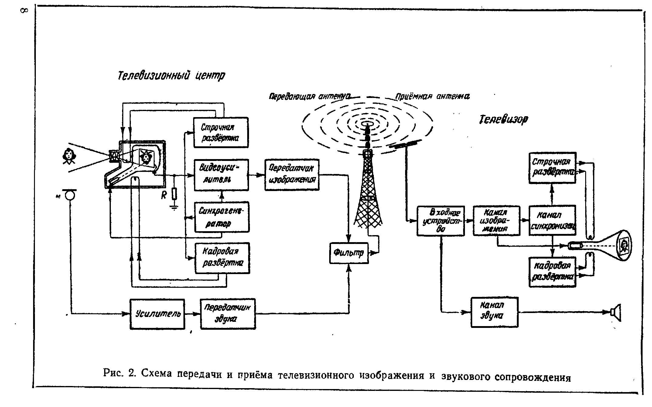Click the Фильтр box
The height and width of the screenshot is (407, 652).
point(349,253)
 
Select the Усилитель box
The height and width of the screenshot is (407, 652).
point(157,314)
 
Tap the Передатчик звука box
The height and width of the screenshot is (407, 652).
point(228,314)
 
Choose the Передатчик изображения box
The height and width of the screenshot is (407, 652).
point(292,175)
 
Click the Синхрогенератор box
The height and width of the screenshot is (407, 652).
point(222,217)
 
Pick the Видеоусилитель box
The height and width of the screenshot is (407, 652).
point(221,175)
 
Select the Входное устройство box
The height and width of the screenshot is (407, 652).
point(441,221)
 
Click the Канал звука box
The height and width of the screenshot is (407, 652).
point(494,312)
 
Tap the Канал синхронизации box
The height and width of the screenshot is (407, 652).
point(552,220)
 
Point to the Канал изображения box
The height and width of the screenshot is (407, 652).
point(497,221)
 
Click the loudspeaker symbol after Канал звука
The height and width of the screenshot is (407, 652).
point(616,312)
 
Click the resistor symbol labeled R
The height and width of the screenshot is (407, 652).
point(174,194)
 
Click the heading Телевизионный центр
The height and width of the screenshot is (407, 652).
point(171,75)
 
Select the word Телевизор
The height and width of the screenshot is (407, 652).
point(503,119)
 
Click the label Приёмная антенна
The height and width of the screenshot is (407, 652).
point(432,96)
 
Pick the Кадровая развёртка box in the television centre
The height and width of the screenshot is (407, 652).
point(222,258)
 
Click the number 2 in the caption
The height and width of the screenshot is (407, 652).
point(131,374)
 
